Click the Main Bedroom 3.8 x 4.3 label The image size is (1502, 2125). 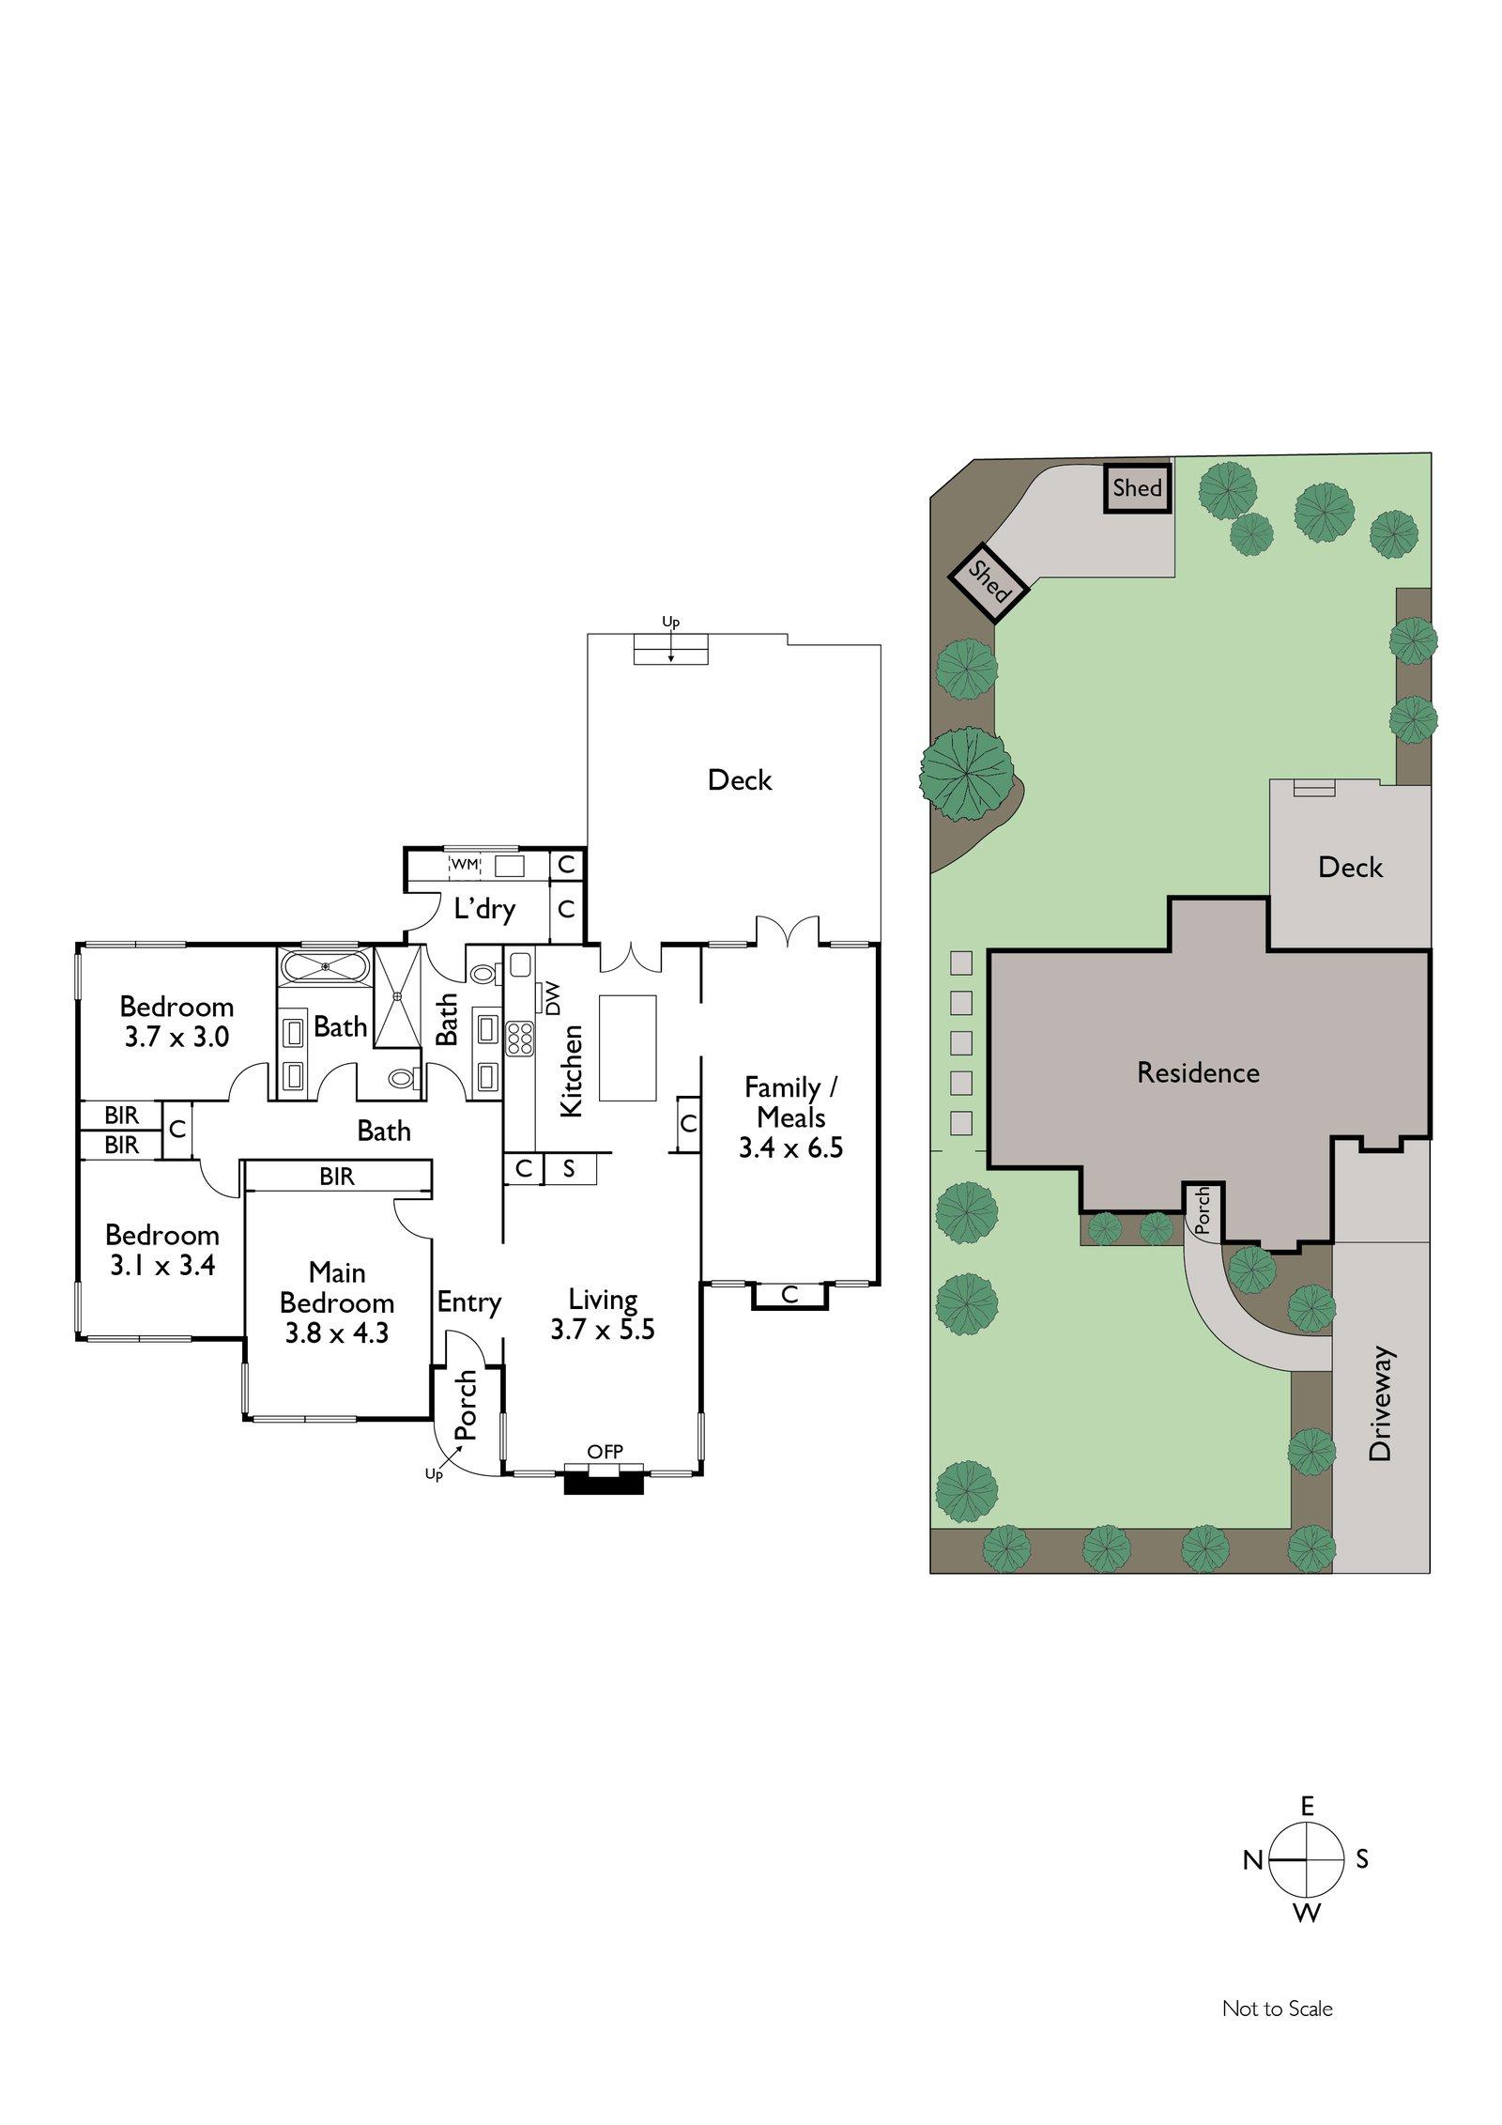coord(337,1302)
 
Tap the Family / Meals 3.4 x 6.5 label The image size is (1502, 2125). coord(790,1116)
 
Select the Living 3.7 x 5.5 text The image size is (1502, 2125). coord(603,1315)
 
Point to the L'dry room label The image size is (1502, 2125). coord(484,909)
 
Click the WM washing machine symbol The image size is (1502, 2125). coord(465,864)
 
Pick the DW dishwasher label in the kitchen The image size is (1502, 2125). coord(551,997)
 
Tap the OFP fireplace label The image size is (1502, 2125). coord(605,1452)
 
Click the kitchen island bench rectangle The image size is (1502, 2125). coord(628,1047)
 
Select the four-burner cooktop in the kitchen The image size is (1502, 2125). coord(519,1039)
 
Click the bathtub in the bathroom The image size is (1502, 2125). coord(325,966)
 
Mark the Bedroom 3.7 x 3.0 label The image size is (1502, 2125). coord(176,1022)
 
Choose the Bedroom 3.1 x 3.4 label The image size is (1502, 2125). coord(162,1250)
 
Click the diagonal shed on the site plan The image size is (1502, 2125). coord(988,582)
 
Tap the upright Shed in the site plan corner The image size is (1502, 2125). coord(1137,488)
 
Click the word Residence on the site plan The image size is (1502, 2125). coord(1198,1072)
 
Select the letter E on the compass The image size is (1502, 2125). coord(1307,1805)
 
